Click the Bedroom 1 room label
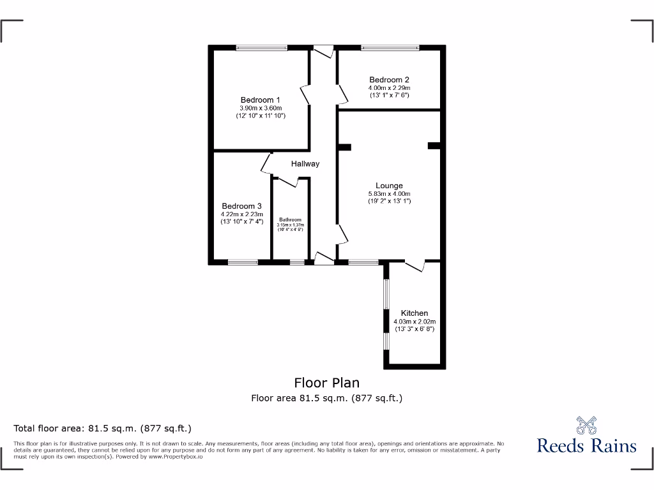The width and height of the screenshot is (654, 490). point(260,100)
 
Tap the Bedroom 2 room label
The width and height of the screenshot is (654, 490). point(389,80)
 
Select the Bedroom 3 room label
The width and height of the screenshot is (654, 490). point(241,206)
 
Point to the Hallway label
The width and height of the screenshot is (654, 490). point(305,164)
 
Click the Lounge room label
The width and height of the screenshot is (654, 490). point(389,186)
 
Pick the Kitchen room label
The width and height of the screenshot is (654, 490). point(414,313)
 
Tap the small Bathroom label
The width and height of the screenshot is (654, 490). point(291,219)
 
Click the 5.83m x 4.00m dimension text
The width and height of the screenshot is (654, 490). point(389,194)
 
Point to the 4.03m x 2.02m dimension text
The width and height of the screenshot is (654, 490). point(414,322)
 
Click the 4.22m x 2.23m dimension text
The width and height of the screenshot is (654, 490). point(241,214)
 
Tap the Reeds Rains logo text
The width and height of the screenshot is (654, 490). point(586,445)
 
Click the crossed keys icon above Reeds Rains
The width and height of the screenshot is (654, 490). point(586,424)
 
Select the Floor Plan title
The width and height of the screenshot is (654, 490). point(326,383)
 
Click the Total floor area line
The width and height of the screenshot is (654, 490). point(103,428)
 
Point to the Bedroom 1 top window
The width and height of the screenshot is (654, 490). point(261,47)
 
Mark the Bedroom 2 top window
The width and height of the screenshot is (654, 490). point(390,47)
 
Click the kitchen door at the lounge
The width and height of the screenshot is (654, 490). point(414,265)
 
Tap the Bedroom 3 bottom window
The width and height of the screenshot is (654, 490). point(243,262)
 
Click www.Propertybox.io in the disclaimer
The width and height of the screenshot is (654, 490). point(176,457)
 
